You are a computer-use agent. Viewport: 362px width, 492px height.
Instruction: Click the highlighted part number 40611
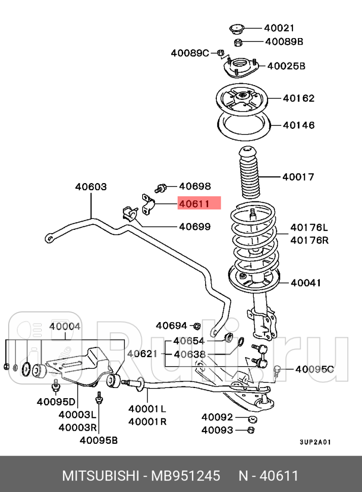(194, 204)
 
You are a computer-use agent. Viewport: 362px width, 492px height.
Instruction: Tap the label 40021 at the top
(279, 28)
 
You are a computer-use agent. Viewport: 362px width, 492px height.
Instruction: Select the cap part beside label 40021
(237, 29)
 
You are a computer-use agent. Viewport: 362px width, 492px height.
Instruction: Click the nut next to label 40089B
(238, 42)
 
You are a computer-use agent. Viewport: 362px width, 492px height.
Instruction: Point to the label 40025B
(286, 66)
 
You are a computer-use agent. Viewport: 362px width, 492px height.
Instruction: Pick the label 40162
(299, 98)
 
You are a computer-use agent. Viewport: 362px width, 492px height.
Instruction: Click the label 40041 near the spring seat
(306, 283)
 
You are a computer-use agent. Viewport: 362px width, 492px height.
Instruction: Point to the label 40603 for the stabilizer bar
(91, 187)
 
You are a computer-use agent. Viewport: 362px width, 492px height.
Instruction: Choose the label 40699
(194, 227)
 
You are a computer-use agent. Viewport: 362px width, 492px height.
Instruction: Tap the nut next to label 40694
(197, 326)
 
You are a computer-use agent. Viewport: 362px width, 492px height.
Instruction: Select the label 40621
(142, 354)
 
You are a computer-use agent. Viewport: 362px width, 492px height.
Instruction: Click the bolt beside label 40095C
(277, 371)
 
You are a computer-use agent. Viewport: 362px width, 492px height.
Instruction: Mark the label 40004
(64, 326)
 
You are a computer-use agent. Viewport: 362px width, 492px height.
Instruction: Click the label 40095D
(56, 402)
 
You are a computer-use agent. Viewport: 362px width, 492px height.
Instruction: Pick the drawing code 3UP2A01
(315, 442)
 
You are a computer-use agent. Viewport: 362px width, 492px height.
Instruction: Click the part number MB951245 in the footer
(185, 476)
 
